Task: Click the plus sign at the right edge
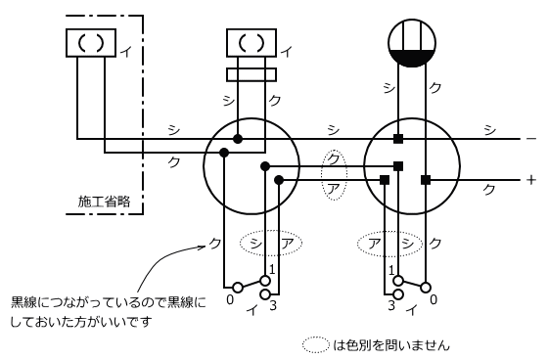pyautogui.click(x=530, y=180)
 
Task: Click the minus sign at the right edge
pyautogui.click(x=530, y=139)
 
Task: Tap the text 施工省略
pyautogui.click(x=104, y=202)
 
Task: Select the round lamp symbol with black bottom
pyautogui.click(x=412, y=43)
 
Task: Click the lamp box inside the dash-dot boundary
pyautogui.click(x=91, y=43)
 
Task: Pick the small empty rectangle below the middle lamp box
pyautogui.click(x=251, y=74)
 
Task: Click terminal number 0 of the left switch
pyautogui.click(x=230, y=299)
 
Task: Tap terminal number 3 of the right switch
pyautogui.click(x=391, y=305)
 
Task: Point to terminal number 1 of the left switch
pyautogui.click(x=272, y=269)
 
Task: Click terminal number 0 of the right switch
pyautogui.click(x=434, y=299)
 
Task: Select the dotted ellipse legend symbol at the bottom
pyautogui.click(x=316, y=345)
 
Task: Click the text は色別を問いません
pyautogui.click(x=391, y=345)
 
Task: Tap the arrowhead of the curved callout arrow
pyautogui.click(x=204, y=247)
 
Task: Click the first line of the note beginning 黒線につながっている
pyautogui.click(x=109, y=301)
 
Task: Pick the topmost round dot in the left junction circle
pyautogui.click(x=238, y=139)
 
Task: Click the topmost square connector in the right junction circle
pyautogui.click(x=398, y=139)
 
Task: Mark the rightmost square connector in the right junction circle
pyautogui.click(x=426, y=180)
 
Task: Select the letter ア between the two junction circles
pyautogui.click(x=333, y=189)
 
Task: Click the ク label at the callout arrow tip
pyautogui.click(x=214, y=243)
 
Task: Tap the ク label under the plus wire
pyautogui.click(x=489, y=189)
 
